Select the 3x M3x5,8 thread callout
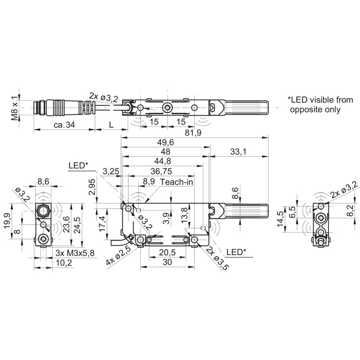pyautogui.click(x=74, y=254)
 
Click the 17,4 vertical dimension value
pyautogui.click(x=103, y=223)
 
